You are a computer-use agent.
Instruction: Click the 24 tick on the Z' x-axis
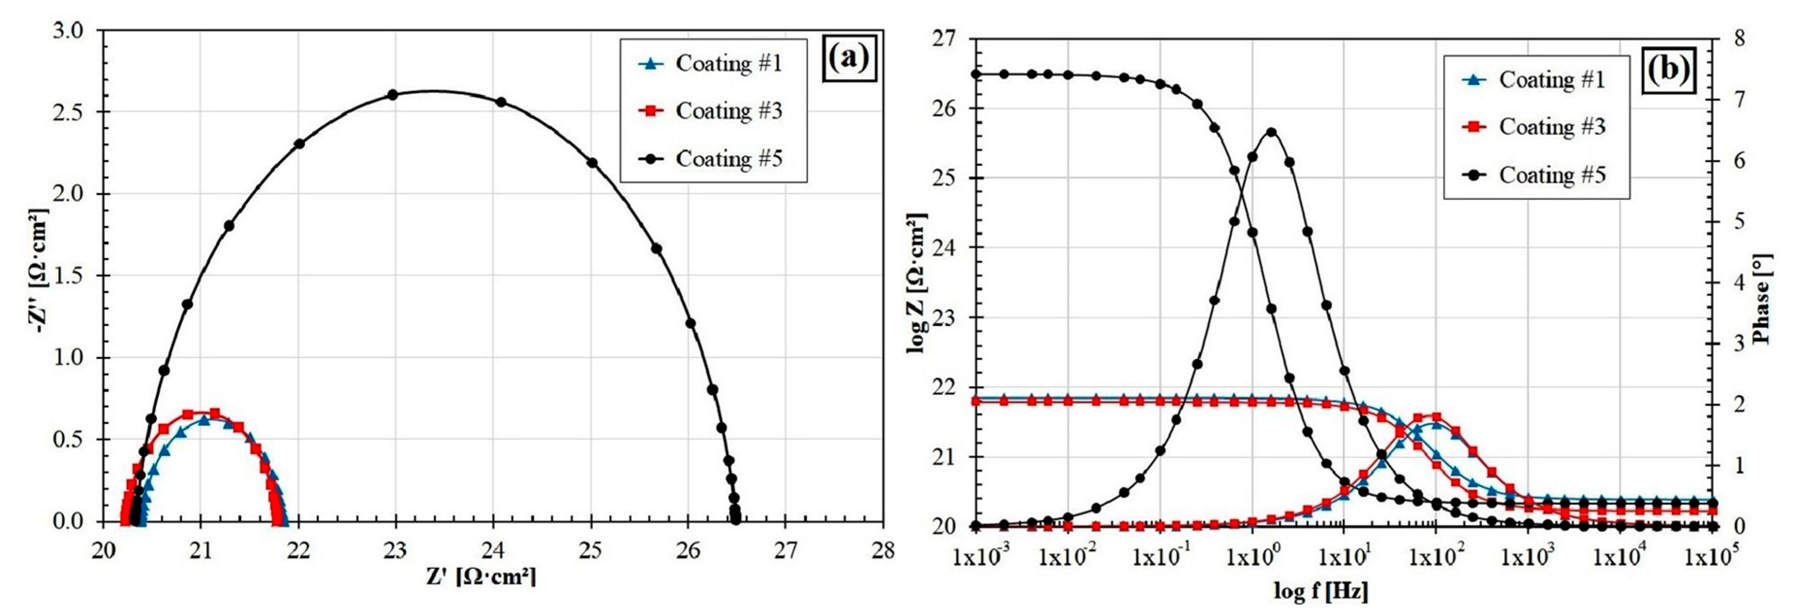(493, 551)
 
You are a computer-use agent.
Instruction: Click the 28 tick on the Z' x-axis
(883, 551)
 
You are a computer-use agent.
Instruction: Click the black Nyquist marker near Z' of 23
(392, 94)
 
